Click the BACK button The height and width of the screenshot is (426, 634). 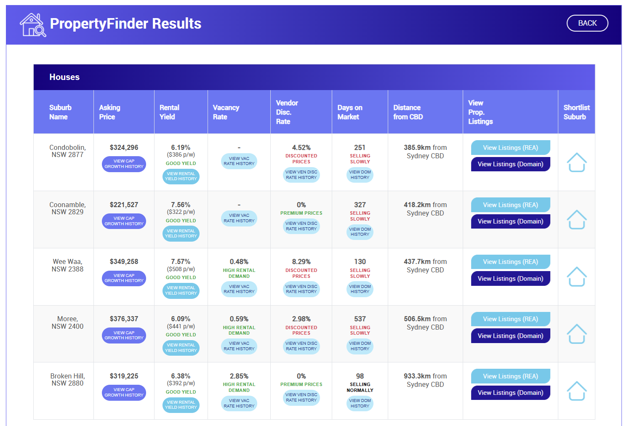tap(587, 23)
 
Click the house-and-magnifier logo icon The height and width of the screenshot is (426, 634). tap(33, 25)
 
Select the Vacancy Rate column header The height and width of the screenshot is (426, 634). tap(226, 112)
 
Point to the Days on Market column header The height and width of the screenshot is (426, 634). tap(349, 112)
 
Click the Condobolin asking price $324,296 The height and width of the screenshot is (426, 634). tap(124, 148)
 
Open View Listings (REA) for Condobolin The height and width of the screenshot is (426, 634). tap(510, 148)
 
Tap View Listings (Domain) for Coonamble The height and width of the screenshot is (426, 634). tap(510, 221)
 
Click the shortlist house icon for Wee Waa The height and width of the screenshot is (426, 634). tap(576, 277)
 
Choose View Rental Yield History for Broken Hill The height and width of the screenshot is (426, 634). tap(181, 405)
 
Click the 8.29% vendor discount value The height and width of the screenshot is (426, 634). tap(301, 262)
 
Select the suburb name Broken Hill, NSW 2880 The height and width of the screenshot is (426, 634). tap(67, 380)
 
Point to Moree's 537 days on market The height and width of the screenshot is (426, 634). tap(360, 319)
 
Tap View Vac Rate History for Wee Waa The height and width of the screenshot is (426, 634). tap(239, 289)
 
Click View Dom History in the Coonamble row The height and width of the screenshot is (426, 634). tap(360, 232)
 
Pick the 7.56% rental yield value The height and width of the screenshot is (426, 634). tap(180, 205)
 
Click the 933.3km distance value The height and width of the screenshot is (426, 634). tap(417, 376)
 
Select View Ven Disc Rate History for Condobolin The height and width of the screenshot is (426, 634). tap(301, 175)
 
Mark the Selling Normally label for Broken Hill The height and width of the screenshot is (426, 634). tap(360, 387)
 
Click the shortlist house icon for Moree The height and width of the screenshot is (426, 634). tap(576, 334)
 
